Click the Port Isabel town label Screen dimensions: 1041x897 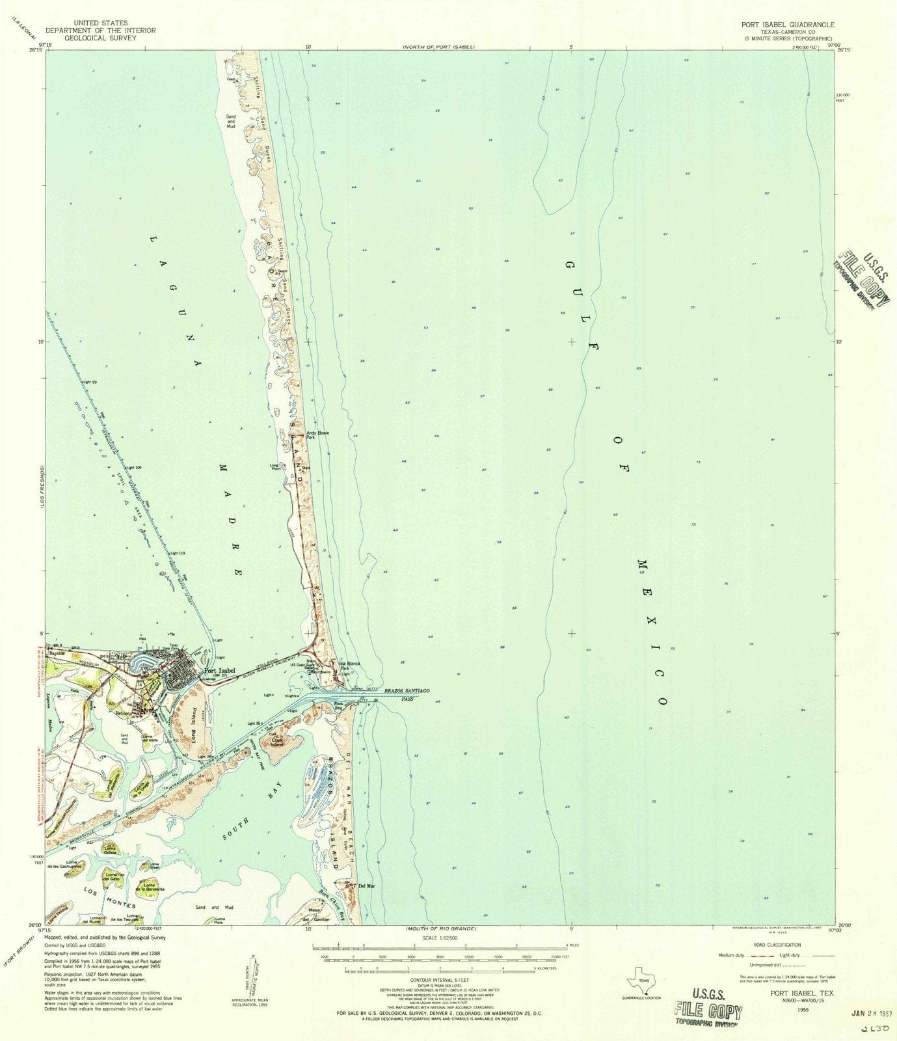(x=219, y=671)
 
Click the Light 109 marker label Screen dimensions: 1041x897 (x=133, y=467)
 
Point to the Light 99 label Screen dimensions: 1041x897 (x=89, y=382)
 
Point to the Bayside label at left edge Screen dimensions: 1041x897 (x=59, y=653)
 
